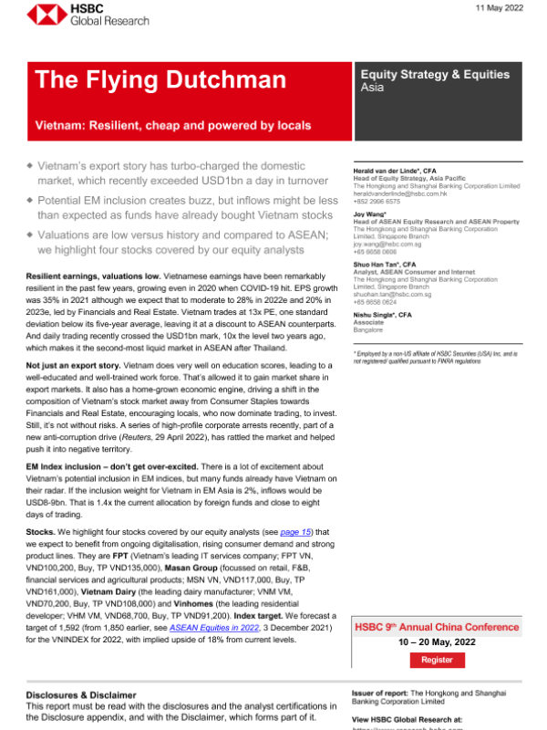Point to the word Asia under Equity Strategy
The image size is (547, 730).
pos(372,89)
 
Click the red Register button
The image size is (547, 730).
pos(436,659)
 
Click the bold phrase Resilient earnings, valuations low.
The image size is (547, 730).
pos(93,173)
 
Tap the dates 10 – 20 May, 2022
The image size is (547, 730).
pos(436,641)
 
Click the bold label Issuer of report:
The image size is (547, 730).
pos(379,693)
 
